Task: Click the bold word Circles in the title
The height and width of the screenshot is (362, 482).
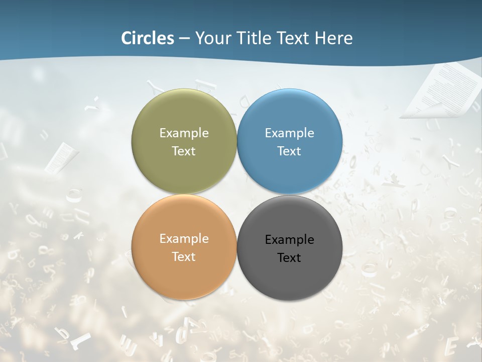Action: pos(147,38)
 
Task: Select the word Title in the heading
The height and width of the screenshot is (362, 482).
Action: pos(253,38)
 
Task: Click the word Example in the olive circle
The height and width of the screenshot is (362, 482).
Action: pos(184,133)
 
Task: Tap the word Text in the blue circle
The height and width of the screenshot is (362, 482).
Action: pos(289,151)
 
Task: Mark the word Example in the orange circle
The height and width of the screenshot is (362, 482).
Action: pos(184,238)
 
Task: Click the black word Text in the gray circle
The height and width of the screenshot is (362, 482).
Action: pos(289,257)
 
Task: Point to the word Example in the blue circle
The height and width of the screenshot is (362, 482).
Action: pos(289,133)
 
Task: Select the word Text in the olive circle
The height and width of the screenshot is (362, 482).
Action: pos(184,151)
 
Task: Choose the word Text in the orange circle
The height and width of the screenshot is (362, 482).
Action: pos(184,256)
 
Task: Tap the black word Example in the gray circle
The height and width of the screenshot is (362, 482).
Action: pos(289,239)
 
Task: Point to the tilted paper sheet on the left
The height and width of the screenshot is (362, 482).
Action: pos(61,157)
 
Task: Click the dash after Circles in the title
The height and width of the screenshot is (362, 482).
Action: pos(184,39)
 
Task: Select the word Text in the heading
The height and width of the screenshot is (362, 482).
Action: pos(294,38)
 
